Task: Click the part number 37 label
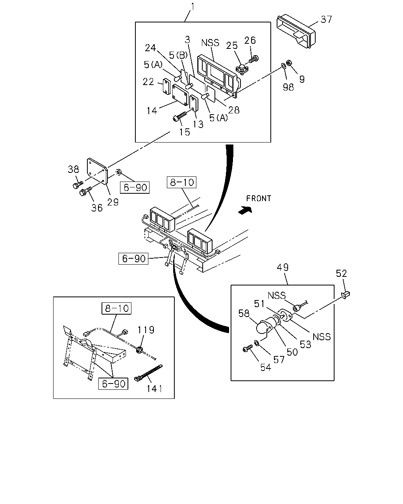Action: coord(326,19)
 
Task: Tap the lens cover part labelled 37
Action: coord(296,32)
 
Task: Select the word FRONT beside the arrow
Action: coord(259,198)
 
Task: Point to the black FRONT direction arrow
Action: coord(245,209)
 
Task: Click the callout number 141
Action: coord(155,389)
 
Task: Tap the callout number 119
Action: coord(146,330)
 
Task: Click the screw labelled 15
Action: coord(179,117)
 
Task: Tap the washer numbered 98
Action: coord(283,65)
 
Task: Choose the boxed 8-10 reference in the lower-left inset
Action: coord(116,308)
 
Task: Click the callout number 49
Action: coord(283,267)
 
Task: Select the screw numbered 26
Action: coord(253,59)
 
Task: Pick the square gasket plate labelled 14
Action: coord(180,95)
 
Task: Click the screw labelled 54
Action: coord(248,348)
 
